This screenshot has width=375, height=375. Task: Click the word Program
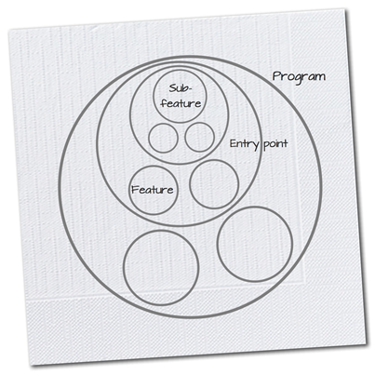299,77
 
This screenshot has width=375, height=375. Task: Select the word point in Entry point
276,144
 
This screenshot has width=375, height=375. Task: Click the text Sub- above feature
181,88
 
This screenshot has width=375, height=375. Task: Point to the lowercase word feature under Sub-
181,103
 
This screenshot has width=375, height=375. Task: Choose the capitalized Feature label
153,190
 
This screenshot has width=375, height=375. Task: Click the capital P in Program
276,76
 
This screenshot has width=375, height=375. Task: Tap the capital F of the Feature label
134,190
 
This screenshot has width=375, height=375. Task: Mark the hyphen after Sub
190,89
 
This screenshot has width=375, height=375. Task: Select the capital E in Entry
234,143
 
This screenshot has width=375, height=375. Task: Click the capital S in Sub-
172,88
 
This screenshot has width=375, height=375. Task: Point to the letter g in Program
299,79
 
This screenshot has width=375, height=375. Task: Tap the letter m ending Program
320,77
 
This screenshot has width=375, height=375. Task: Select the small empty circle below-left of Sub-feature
163,138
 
